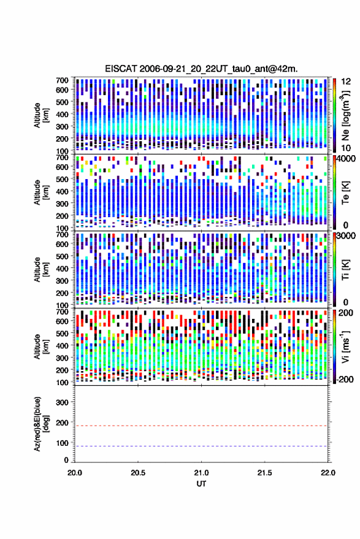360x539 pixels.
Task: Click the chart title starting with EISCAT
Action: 201,69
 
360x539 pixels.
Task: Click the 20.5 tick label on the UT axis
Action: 138,473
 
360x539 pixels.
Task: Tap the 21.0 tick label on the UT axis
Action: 201,473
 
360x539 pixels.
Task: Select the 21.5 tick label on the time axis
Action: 264,473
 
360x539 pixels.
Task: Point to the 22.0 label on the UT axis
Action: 327,473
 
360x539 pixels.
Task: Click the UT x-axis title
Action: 201,484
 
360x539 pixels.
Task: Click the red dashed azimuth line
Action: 201,426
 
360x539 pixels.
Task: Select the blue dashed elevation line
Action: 201,446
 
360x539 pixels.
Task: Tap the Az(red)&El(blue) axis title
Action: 41,424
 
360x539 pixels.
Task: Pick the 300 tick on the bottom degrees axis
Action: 62,402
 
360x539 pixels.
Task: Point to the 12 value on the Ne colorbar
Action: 347,82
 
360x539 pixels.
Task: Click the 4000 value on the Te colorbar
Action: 347,159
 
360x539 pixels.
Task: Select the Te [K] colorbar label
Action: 345,192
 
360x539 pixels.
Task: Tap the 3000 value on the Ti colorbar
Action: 347,236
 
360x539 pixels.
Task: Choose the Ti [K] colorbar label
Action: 345,269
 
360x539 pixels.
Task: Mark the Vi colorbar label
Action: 345,346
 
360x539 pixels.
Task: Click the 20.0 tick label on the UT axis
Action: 75,473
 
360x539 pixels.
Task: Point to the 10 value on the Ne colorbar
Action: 347,148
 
